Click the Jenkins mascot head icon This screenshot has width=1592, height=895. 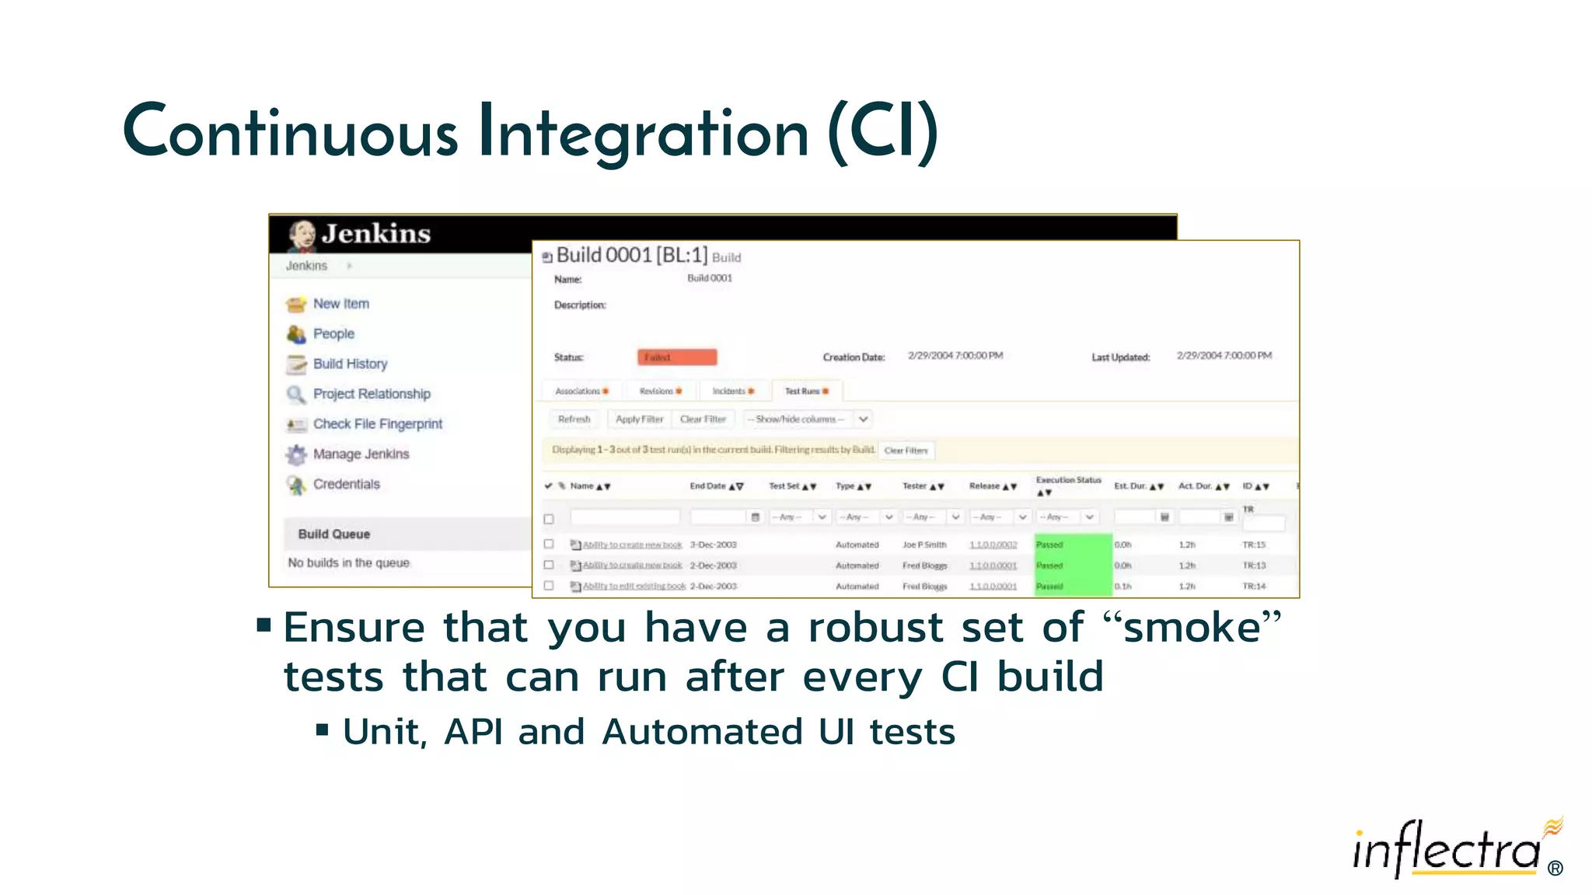[302, 235]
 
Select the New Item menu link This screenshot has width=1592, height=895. [340, 304]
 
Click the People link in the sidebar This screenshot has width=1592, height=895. [333, 333]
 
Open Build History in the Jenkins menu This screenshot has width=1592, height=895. [350, 364]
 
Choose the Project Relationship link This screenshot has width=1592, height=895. [372, 394]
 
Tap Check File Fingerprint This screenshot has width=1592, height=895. [377, 424]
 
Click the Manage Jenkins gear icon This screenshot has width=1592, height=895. [296, 454]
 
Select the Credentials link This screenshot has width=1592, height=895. [346, 484]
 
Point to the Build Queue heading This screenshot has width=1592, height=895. [334, 534]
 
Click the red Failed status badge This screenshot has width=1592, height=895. [677, 357]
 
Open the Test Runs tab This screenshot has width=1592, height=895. [806, 391]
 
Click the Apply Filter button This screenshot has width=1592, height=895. [639, 420]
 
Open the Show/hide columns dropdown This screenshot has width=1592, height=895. [806, 420]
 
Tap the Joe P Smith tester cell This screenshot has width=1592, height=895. [924, 545]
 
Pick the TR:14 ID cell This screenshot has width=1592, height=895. [1254, 587]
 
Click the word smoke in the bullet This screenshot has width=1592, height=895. [1192, 628]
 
